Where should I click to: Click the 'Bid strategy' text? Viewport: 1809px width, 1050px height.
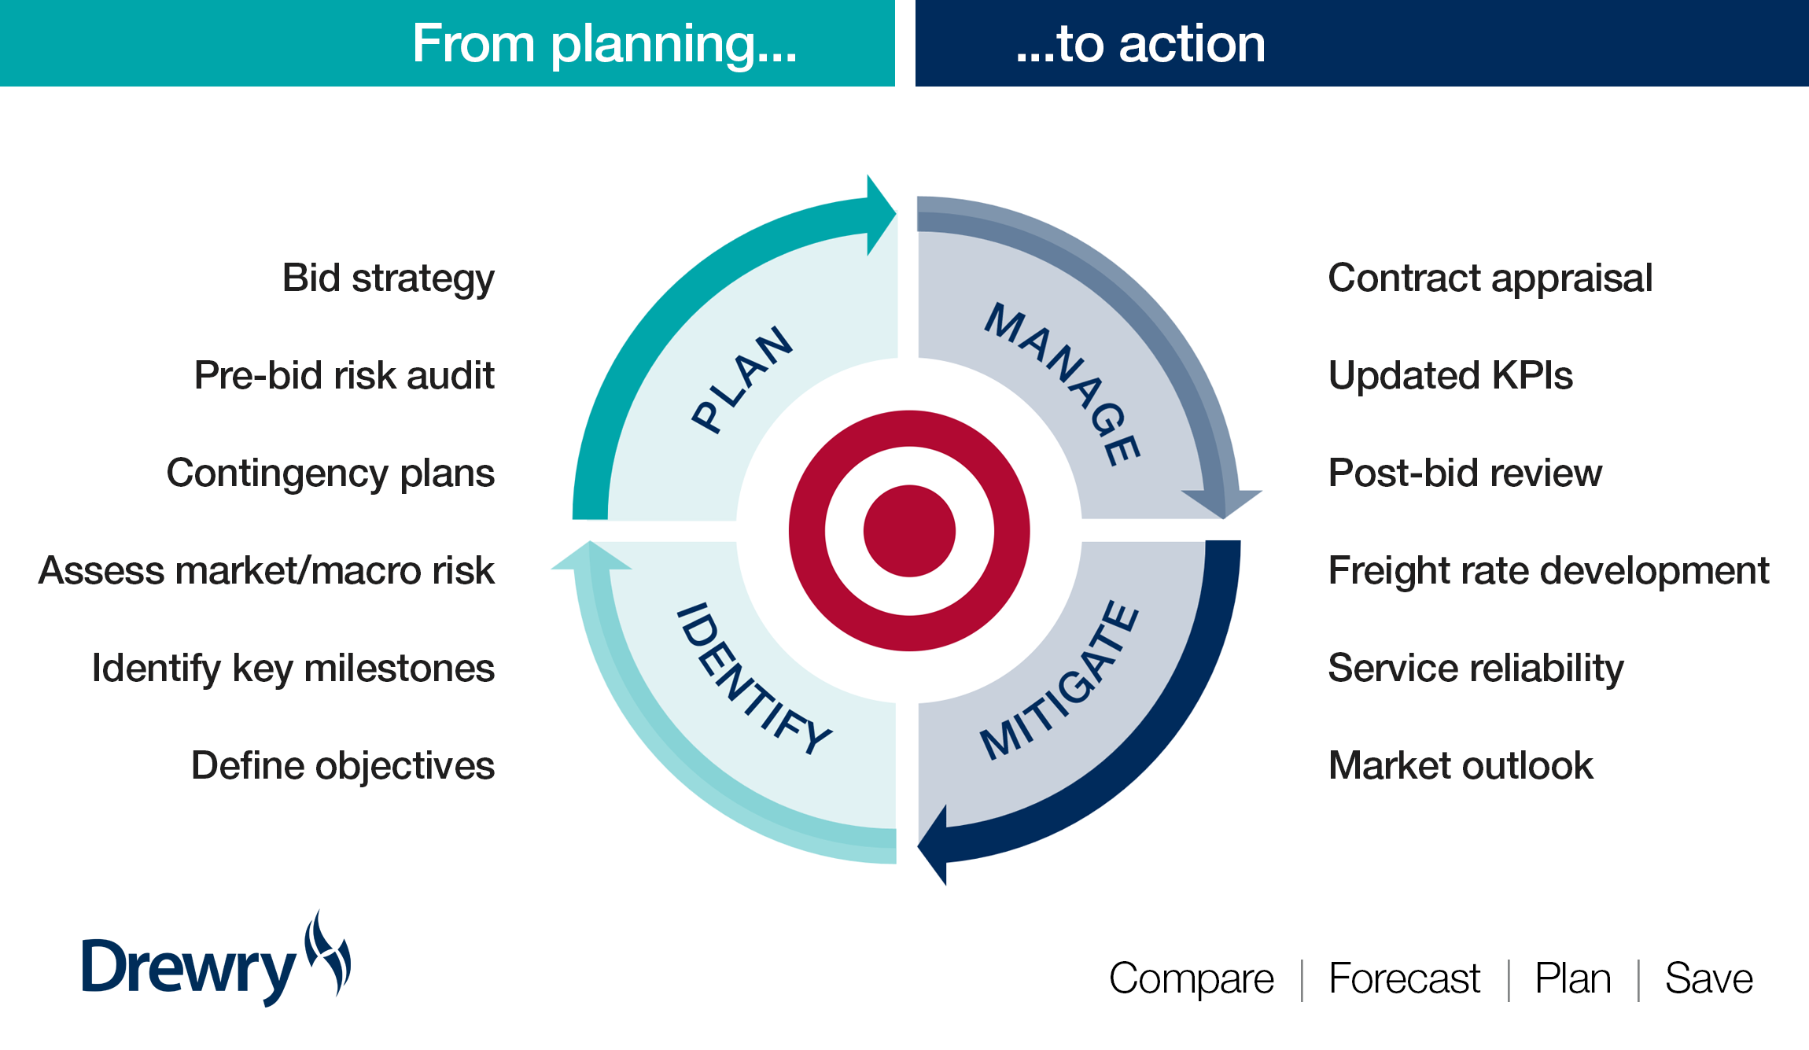coord(388,279)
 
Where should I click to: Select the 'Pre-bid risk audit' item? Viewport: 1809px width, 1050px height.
coord(344,376)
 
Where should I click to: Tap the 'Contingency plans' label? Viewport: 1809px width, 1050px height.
coord(330,473)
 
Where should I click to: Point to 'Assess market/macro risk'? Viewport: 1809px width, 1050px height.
coord(267,571)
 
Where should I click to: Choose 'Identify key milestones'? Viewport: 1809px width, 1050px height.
coord(293,669)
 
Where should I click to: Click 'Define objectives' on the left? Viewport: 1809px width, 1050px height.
coord(342,766)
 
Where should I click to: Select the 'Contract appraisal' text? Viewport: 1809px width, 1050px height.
coord(1490,279)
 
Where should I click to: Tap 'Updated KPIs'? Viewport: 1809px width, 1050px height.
coord(1450,376)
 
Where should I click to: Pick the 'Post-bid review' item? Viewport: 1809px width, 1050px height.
coord(1465,473)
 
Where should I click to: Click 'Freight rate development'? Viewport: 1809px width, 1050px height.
coord(1548,571)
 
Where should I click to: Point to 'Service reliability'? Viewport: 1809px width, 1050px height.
coord(1476,669)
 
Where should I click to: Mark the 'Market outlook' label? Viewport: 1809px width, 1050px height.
coord(1461,766)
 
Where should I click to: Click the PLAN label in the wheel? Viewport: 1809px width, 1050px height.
coord(742,379)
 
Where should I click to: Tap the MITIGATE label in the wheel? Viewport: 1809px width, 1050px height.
coord(1059,681)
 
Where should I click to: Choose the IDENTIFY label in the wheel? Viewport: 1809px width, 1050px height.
coord(753,678)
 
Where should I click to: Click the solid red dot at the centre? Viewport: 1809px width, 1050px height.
coord(909,531)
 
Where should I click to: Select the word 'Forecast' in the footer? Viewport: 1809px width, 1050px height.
coord(1404,979)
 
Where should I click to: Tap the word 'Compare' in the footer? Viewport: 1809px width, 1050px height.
coord(1191,979)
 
